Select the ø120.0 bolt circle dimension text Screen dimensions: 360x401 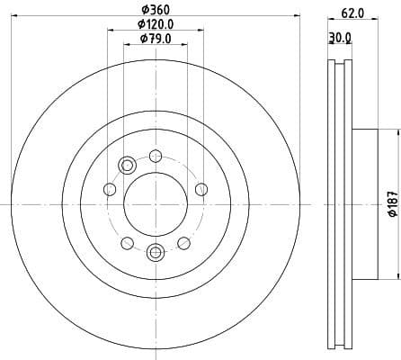(156, 24)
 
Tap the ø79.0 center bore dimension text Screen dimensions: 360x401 (156, 39)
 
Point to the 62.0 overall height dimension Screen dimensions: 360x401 (353, 13)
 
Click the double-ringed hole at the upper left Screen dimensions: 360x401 (127, 164)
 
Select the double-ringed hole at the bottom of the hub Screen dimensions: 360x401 (155, 253)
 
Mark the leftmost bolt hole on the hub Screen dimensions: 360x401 (109, 188)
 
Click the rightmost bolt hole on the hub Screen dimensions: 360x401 (201, 188)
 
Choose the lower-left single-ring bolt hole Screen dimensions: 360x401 (127, 243)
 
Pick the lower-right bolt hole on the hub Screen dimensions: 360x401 (183, 243)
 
